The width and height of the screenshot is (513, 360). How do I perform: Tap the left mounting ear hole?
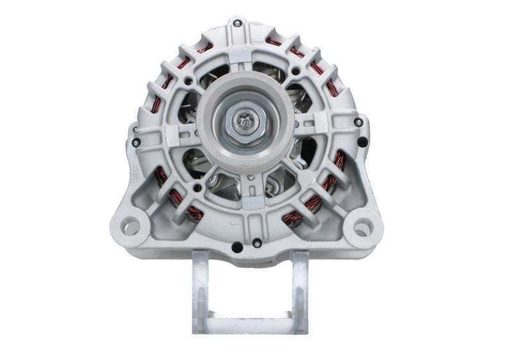(130, 225)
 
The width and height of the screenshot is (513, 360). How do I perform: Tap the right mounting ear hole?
(362, 226)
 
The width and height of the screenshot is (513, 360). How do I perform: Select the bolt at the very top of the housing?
(237, 24)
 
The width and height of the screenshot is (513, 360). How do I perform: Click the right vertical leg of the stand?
(299, 292)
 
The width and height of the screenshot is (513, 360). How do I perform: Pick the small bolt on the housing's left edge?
(137, 142)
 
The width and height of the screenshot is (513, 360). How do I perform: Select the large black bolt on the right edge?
(363, 142)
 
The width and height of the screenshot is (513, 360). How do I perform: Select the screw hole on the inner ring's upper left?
(187, 81)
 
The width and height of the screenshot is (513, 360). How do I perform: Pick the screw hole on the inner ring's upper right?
(296, 71)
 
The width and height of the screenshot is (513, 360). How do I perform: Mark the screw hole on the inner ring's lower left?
(197, 187)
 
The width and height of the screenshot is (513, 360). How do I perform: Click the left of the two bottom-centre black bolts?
(237, 246)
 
